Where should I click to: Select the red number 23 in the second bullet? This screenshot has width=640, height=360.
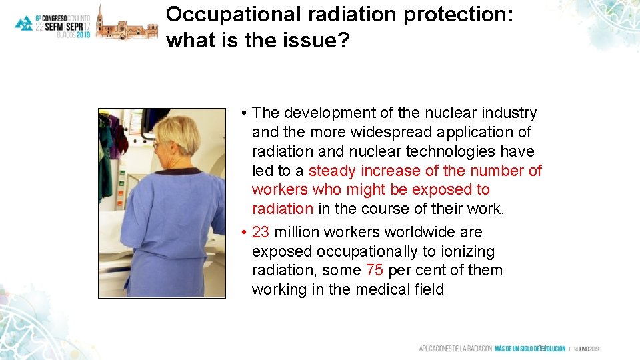(x=261, y=233)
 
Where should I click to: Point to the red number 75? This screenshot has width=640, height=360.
(x=375, y=271)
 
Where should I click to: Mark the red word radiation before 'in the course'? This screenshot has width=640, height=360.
(x=283, y=209)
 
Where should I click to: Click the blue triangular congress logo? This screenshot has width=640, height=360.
(x=24, y=23)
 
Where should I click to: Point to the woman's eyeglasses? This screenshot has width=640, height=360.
(x=157, y=143)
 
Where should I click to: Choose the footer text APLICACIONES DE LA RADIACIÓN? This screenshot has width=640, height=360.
(x=455, y=349)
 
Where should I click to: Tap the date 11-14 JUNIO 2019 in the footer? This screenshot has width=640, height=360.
(x=584, y=349)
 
